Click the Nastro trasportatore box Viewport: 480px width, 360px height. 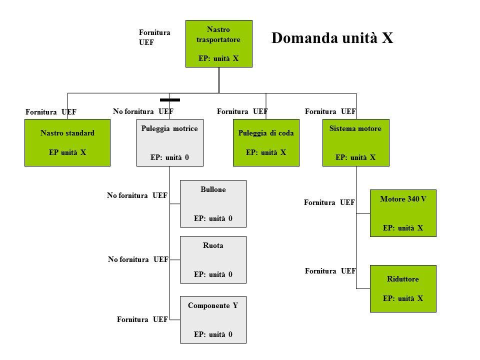(x=218, y=43)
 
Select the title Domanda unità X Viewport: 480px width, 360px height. (x=332, y=38)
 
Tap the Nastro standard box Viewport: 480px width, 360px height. (x=67, y=142)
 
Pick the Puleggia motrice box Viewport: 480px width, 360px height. (x=170, y=142)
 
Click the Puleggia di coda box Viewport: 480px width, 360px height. (x=266, y=142)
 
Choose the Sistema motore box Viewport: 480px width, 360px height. (x=355, y=142)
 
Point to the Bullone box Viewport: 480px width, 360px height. (x=213, y=203)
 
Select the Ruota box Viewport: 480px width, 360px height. (x=213, y=259)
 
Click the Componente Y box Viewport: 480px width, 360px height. (x=213, y=319)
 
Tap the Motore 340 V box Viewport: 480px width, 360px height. (x=403, y=213)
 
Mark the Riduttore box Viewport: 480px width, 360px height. (x=403, y=288)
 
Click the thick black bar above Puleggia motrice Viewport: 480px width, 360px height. (x=170, y=100)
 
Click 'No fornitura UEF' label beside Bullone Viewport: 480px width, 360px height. (x=137, y=195)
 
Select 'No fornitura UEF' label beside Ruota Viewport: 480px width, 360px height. (x=138, y=259)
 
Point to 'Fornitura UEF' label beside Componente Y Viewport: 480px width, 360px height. (x=142, y=319)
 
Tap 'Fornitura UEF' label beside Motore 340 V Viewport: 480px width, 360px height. (x=329, y=202)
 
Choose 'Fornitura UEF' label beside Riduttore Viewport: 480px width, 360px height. (x=330, y=271)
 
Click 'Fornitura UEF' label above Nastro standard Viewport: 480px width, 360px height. (x=51, y=112)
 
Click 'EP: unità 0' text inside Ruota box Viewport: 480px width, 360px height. (x=213, y=274)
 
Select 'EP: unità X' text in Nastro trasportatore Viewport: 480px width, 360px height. (x=218, y=58)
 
